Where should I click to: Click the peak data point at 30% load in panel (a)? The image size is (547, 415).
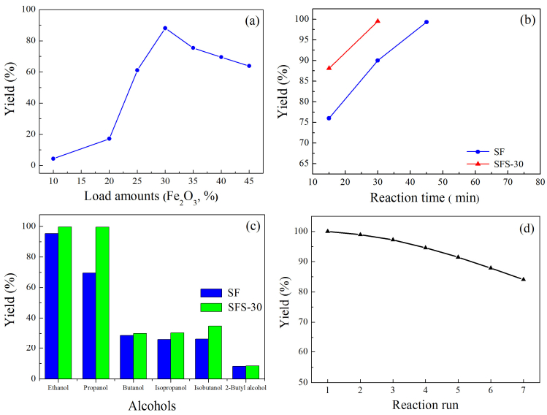pyautogui.click(x=165, y=28)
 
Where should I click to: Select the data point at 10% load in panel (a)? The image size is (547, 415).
pyautogui.click(x=53, y=159)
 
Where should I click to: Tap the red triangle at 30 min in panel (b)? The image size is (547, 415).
pyautogui.click(x=378, y=21)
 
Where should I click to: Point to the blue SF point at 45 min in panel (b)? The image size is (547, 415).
pyautogui.click(x=426, y=22)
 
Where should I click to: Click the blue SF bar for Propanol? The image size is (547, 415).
pyautogui.click(x=89, y=326)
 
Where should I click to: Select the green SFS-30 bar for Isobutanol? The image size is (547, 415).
pyautogui.click(x=215, y=352)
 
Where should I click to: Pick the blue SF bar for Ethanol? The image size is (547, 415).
pyautogui.click(x=51, y=305)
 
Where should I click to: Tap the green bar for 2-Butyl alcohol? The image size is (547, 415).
pyautogui.click(x=253, y=372)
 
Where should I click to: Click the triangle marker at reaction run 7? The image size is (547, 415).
pyautogui.click(x=524, y=279)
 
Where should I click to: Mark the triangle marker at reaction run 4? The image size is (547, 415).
pyautogui.click(x=425, y=248)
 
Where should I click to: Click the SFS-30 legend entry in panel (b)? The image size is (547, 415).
pyautogui.click(x=495, y=164)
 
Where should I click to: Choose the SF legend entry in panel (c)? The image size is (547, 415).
pyautogui.click(x=220, y=293)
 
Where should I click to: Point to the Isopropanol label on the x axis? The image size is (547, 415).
pyautogui.click(x=171, y=388)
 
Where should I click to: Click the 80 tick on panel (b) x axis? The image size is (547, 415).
pyautogui.click(x=540, y=182)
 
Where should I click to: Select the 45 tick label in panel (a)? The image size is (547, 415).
pyautogui.click(x=249, y=180)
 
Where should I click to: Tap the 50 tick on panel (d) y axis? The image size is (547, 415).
pyautogui.click(x=303, y=382)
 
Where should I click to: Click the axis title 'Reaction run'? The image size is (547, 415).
pyautogui.click(x=425, y=405)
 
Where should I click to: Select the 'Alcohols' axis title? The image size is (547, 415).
pyautogui.click(x=152, y=406)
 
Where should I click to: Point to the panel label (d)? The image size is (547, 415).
pyautogui.click(x=527, y=229)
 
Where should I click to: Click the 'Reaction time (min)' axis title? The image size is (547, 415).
pyautogui.click(x=424, y=197)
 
